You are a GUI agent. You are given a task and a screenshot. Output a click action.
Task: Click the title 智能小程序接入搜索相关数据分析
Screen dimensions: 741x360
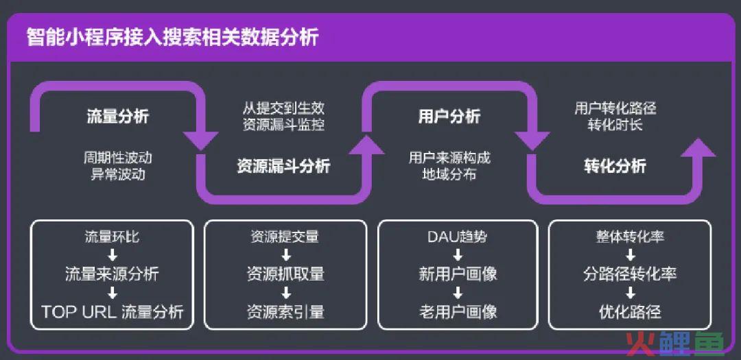pyautogui.click(x=172, y=37)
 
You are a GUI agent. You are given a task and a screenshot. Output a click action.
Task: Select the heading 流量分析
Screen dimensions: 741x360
pyautogui.click(x=118, y=117)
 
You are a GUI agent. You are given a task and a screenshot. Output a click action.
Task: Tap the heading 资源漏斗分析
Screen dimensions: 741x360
pyautogui.click(x=283, y=167)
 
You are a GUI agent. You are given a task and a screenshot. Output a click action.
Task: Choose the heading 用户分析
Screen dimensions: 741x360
pyautogui.click(x=449, y=117)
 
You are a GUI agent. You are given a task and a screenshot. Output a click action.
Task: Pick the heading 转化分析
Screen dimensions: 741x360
pyautogui.click(x=615, y=167)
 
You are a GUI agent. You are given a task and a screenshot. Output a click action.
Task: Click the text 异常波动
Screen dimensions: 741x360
pyautogui.click(x=118, y=174)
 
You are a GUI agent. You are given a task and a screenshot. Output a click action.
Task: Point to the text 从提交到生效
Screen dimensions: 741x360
pyautogui.click(x=283, y=108)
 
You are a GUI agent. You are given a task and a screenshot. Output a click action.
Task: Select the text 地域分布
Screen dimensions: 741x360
pyautogui.click(x=449, y=174)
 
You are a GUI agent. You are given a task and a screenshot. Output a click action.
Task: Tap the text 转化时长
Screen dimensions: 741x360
pyautogui.click(x=615, y=125)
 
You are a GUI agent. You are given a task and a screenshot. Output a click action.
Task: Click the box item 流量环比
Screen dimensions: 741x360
pyautogui.click(x=112, y=237)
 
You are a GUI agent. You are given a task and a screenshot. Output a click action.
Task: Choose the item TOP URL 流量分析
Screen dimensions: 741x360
pyautogui.click(x=112, y=312)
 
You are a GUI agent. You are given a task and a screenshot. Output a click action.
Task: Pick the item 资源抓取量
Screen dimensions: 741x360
pyautogui.click(x=285, y=274)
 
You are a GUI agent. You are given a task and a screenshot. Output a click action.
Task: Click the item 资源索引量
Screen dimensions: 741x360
pyautogui.click(x=285, y=312)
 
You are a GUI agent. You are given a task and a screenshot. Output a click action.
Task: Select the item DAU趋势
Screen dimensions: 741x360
pyautogui.click(x=458, y=237)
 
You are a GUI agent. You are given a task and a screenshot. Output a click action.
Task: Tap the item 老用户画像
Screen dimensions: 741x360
pyautogui.click(x=458, y=312)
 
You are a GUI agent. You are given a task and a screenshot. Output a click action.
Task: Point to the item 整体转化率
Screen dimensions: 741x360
pyautogui.click(x=630, y=237)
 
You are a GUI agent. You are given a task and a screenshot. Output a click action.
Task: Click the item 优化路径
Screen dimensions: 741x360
pyautogui.click(x=630, y=312)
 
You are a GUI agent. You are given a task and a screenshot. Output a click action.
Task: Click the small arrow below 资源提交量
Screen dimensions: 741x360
pyautogui.click(x=285, y=256)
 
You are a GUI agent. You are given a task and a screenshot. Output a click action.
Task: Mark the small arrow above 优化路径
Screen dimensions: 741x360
pyautogui.click(x=630, y=293)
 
